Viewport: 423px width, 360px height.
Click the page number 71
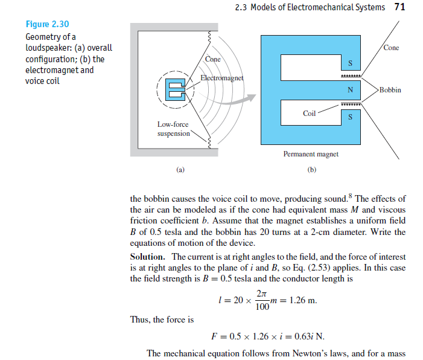point(399,7)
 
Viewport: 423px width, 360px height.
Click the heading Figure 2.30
point(47,24)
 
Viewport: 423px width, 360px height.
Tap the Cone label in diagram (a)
point(213,60)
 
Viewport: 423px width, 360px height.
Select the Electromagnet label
point(221,79)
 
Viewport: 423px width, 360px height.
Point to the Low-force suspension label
point(174,129)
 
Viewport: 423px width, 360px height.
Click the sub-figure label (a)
point(179,170)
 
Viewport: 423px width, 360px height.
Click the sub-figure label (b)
point(311,170)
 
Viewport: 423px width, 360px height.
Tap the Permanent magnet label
point(311,154)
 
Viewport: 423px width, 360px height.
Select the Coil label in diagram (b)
point(310,114)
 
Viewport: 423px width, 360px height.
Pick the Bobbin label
point(390,90)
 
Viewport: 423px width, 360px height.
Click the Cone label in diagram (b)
point(391,48)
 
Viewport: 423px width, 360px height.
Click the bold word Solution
point(148,256)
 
